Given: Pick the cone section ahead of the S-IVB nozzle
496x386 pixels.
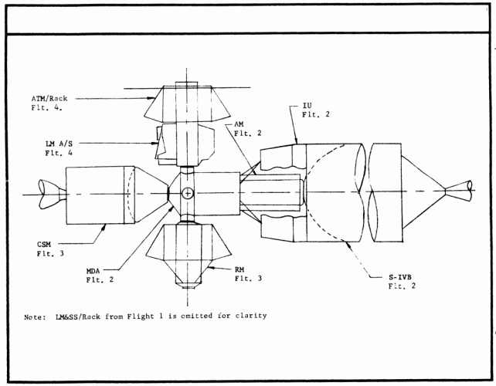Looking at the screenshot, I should [x=421, y=187].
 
